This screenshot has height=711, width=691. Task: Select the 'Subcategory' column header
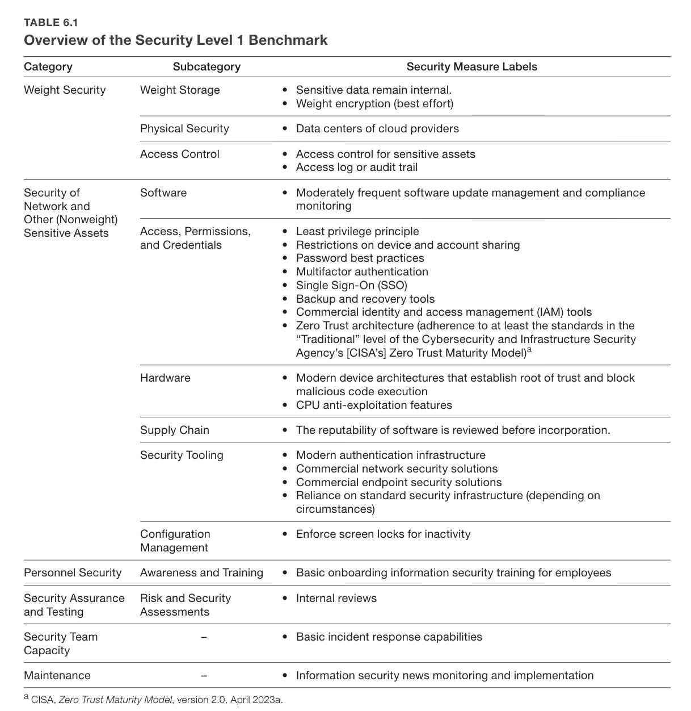207,66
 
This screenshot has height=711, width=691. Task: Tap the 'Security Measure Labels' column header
471,66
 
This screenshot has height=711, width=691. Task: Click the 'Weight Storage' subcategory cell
180,90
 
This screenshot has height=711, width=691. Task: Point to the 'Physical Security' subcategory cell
184,128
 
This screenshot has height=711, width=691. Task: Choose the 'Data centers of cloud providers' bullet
377,128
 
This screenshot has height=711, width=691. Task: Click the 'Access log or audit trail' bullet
356,167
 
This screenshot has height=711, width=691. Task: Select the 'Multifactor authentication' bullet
362,271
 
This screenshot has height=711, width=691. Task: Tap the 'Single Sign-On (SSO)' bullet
351,285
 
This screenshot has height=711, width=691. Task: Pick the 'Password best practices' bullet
360,258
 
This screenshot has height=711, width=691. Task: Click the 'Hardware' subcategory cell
165,378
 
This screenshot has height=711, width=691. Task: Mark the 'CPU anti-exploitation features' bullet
374,405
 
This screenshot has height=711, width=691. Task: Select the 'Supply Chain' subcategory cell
175,430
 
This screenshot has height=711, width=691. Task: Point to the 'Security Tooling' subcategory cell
182,455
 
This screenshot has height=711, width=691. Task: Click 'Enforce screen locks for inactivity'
383,534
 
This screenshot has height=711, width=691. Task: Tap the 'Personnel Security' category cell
73,572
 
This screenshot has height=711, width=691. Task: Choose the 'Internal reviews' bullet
336,598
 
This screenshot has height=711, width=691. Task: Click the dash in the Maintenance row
204,676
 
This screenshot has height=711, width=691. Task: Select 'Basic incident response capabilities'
389,637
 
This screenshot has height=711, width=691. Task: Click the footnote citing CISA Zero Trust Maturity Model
153,699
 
